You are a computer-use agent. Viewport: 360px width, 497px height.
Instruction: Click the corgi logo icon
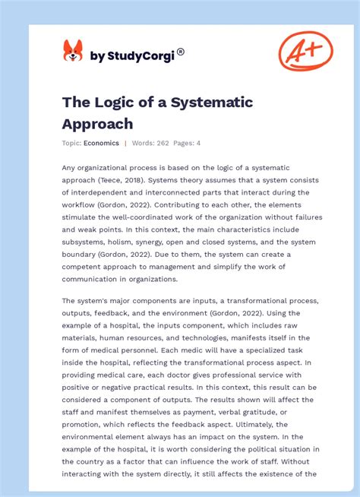click(73, 51)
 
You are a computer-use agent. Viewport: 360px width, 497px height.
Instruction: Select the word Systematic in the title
click(214, 102)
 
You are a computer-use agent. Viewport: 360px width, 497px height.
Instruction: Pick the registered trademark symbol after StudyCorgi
click(181, 52)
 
